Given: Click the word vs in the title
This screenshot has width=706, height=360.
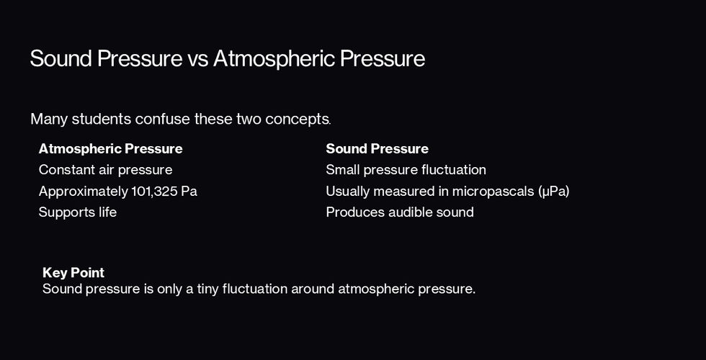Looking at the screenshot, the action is pyautogui.click(x=198, y=59).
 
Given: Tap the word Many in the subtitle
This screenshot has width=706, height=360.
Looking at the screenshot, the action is pyautogui.click(x=49, y=120).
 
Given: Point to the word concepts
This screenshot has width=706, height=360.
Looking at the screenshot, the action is pyautogui.click(x=298, y=120).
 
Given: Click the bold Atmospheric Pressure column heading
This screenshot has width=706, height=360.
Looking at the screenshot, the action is pyautogui.click(x=111, y=149).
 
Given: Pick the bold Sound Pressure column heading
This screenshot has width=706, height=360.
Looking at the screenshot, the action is pyautogui.click(x=377, y=149).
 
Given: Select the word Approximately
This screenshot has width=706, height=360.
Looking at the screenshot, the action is pyautogui.click(x=84, y=192).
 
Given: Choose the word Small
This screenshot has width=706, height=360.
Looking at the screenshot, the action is pyautogui.click(x=343, y=170).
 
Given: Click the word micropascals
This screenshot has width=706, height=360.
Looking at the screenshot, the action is pyautogui.click(x=493, y=192).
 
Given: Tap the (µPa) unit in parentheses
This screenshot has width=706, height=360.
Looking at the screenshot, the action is pyautogui.click(x=554, y=192).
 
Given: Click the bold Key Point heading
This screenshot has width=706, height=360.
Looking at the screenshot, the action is pyautogui.click(x=73, y=273).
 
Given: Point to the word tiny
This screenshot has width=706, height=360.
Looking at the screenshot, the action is pyautogui.click(x=207, y=289).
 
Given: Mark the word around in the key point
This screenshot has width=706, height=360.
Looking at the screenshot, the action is pyautogui.click(x=313, y=289).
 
